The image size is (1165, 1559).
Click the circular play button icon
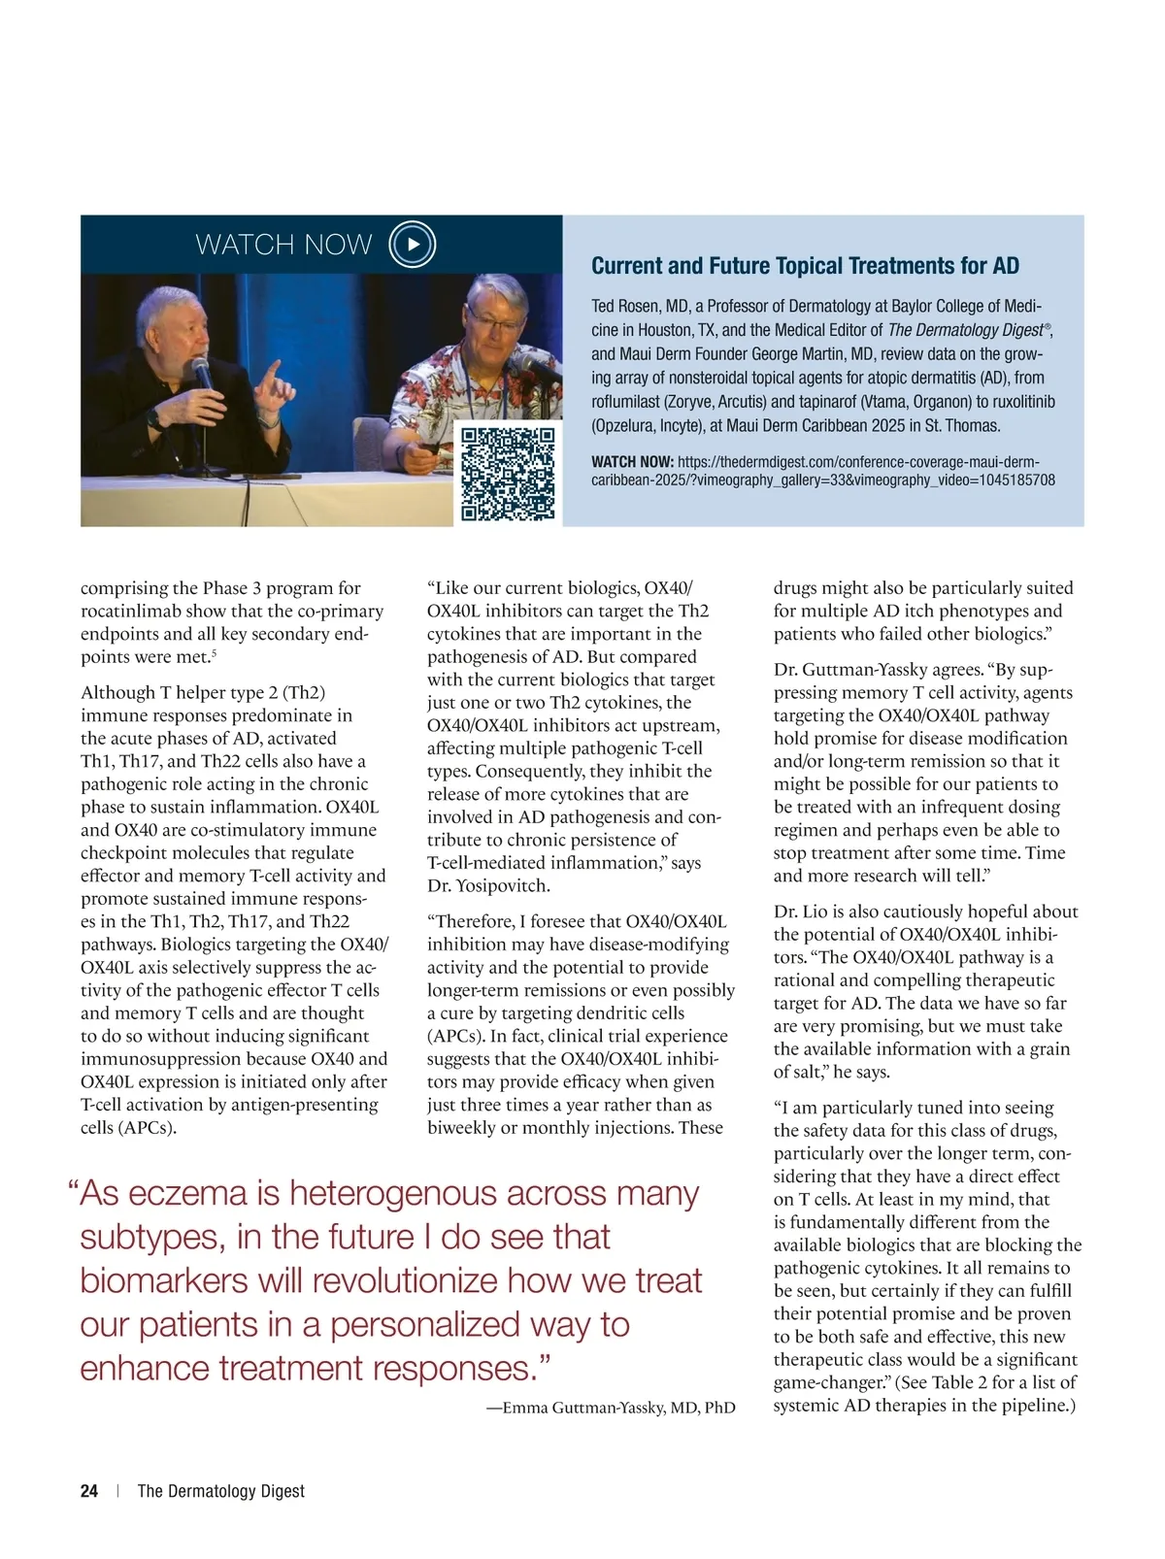412,245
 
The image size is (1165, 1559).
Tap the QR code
508,474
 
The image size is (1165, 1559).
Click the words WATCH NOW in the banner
283,245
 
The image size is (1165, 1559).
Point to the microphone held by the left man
202,373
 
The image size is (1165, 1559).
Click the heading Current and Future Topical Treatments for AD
805,266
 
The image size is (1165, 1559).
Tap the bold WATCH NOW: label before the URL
632,462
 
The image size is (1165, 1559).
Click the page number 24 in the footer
89,1491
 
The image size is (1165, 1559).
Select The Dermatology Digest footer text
221,1491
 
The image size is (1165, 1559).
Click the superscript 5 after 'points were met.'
214,653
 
